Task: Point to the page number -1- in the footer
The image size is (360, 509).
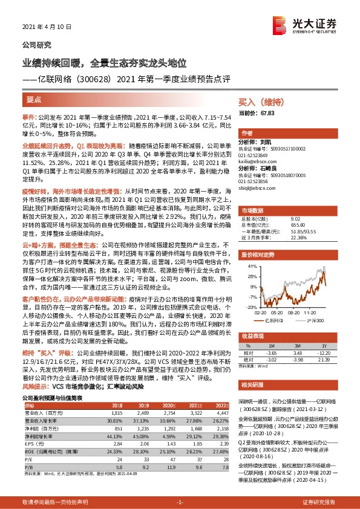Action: pos(180,502)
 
